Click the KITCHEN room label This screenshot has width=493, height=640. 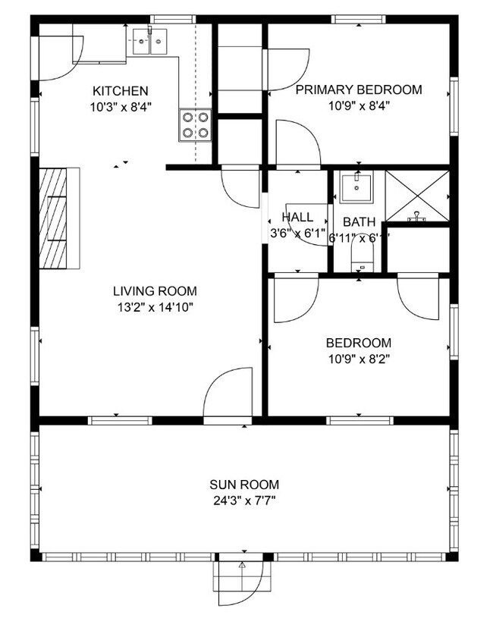point(120,91)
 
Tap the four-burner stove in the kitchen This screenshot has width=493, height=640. point(194,125)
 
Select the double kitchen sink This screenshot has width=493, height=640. point(149,40)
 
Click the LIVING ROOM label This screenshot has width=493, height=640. point(155,291)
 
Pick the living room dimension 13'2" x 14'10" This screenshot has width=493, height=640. point(155,307)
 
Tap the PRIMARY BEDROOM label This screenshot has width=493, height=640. point(358,90)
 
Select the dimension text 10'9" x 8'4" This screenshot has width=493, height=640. point(358,106)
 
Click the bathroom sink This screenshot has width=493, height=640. point(356,187)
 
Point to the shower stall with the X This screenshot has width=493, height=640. point(417,196)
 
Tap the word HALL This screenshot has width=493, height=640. point(297,218)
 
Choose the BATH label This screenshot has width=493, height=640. point(359,222)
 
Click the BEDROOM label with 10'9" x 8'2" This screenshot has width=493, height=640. point(359,343)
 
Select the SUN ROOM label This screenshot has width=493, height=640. point(244,485)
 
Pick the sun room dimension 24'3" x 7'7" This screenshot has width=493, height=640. point(244,500)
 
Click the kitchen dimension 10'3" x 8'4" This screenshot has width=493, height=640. point(120,107)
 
